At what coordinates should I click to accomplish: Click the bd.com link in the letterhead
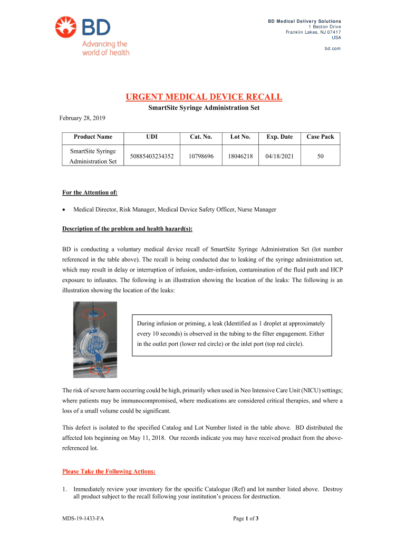(x=333, y=48)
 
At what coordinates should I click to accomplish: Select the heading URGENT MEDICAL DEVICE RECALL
(x=203, y=97)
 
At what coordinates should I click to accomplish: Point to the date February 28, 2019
(x=82, y=118)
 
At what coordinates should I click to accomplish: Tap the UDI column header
(x=152, y=137)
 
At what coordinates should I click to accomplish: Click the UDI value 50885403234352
(x=152, y=156)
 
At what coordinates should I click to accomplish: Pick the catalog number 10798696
(x=200, y=156)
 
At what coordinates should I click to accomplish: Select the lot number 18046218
(x=240, y=156)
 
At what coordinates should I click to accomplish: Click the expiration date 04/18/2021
(x=279, y=156)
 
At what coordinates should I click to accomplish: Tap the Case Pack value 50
(x=321, y=156)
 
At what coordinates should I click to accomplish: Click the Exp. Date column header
(x=279, y=137)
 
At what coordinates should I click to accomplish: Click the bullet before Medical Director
(x=64, y=210)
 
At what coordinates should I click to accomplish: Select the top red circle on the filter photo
(x=94, y=314)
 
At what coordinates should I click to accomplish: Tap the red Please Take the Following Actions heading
(x=109, y=471)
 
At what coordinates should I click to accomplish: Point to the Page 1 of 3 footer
(x=246, y=519)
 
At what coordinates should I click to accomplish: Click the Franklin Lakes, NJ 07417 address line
(x=313, y=32)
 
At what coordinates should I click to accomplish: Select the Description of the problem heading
(x=127, y=229)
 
